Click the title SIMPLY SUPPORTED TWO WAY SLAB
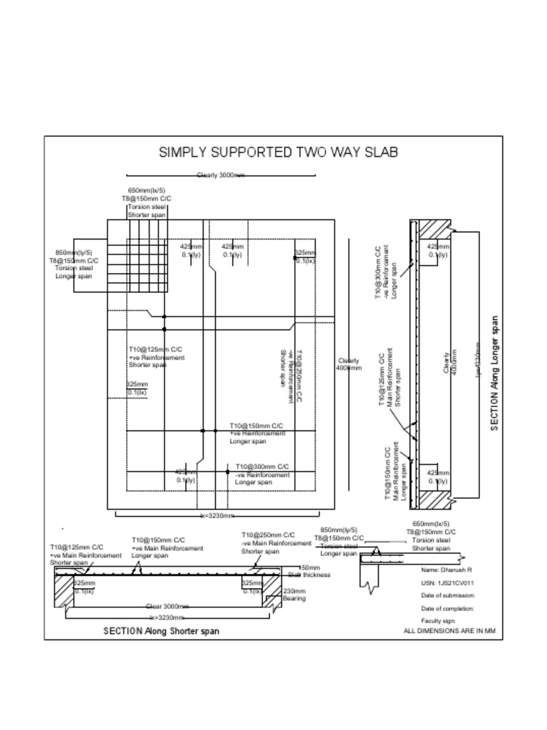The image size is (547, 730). (x=278, y=152)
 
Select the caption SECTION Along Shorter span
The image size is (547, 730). (x=161, y=631)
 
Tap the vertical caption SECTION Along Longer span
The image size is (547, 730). (x=494, y=373)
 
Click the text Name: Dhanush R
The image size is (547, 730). (x=447, y=570)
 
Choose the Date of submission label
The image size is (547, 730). (x=448, y=595)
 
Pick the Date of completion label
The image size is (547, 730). (x=448, y=609)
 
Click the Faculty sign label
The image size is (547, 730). (x=437, y=621)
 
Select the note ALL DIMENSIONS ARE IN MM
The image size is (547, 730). (x=449, y=631)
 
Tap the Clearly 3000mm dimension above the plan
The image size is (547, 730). (x=221, y=175)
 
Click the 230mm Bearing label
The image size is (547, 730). (x=294, y=595)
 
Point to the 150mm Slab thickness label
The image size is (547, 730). (x=309, y=571)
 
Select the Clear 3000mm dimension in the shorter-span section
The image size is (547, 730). (x=168, y=606)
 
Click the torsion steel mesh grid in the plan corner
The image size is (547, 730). (x=147, y=250)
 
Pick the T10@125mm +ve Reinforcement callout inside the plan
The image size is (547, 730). (x=156, y=357)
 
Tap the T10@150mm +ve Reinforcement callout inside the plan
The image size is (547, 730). (x=257, y=433)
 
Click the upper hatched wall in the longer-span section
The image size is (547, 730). (x=434, y=230)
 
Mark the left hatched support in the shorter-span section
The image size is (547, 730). (x=63, y=590)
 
